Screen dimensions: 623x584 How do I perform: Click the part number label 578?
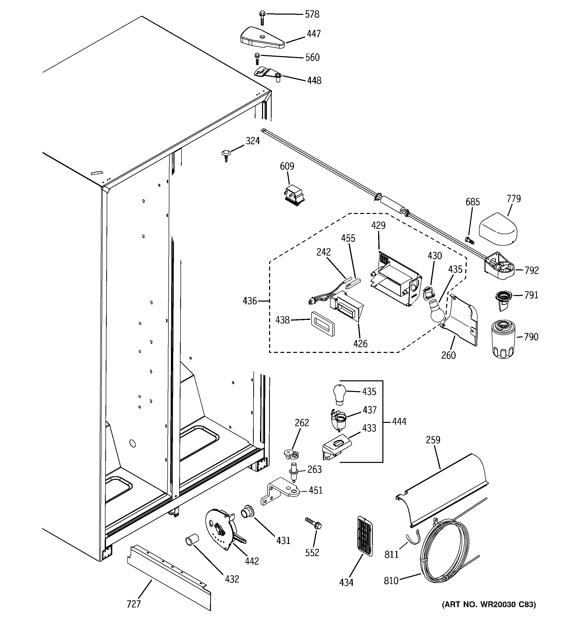pos(312,14)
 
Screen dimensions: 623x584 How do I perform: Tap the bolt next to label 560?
pos(257,58)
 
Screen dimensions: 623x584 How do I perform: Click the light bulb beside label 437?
pos(339,394)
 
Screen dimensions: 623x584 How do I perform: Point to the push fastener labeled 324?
pos(226,155)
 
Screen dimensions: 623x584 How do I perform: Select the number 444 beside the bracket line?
pos(399,422)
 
